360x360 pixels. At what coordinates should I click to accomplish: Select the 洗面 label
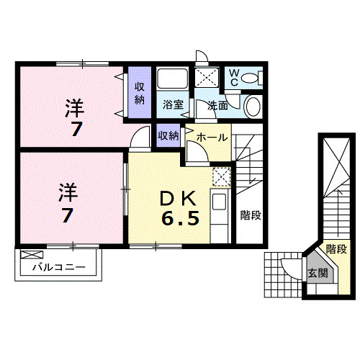tap(218, 105)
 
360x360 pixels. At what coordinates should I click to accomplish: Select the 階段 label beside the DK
tap(250, 214)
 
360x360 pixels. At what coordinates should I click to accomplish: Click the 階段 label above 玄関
tap(336, 249)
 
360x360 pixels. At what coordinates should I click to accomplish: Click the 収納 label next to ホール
tap(168, 135)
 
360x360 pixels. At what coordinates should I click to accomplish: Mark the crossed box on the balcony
tap(31, 254)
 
